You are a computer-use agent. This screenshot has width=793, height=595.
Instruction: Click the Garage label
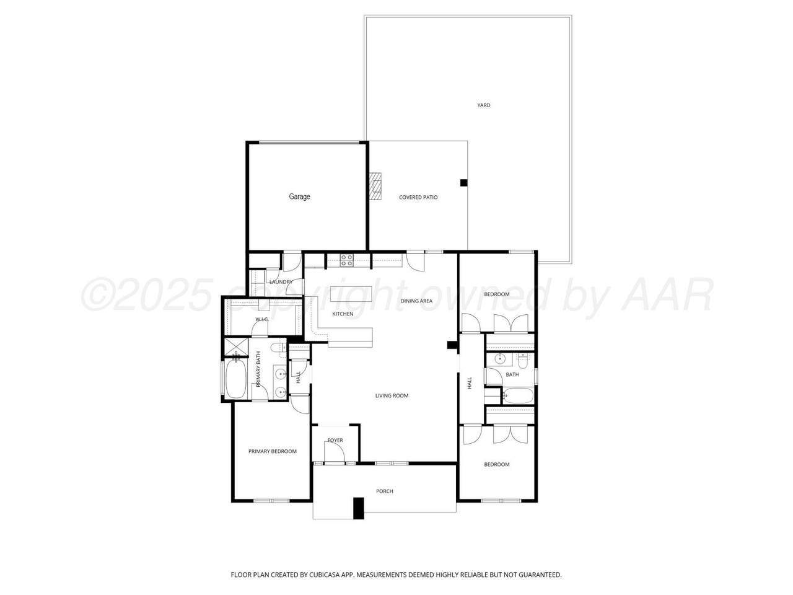pyautogui.click(x=299, y=196)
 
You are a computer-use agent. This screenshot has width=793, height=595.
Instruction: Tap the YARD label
pyautogui.click(x=483, y=105)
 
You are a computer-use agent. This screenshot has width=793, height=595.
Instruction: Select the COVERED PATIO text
pyautogui.click(x=418, y=197)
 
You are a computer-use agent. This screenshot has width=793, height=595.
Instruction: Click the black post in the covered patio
pyautogui.click(x=463, y=183)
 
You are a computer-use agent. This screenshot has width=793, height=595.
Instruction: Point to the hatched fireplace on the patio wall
pyautogui.click(x=375, y=186)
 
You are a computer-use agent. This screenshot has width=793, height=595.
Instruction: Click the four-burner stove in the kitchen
pyautogui.click(x=346, y=260)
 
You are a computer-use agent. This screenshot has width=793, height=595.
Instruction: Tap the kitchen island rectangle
pyautogui.click(x=351, y=294)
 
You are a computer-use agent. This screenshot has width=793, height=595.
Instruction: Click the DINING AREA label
pyautogui.click(x=416, y=301)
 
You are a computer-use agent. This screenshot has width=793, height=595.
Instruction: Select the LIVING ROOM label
pyautogui.click(x=392, y=395)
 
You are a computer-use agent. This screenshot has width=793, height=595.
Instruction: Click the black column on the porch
pyautogui.click(x=358, y=508)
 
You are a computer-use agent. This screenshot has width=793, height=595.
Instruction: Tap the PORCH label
pyautogui.click(x=384, y=491)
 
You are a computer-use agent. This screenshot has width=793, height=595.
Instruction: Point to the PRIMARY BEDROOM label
pyautogui.click(x=273, y=451)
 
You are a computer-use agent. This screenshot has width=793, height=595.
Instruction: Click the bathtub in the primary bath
pyautogui.click(x=236, y=379)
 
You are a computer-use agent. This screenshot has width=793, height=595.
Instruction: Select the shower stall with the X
pyautogui.click(x=236, y=348)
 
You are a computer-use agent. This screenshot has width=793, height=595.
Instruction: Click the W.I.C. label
pyautogui.click(x=261, y=319)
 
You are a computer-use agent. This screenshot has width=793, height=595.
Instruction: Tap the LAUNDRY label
pyautogui.click(x=281, y=282)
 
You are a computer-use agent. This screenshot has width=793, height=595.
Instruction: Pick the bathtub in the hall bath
pyautogui.click(x=518, y=395)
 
